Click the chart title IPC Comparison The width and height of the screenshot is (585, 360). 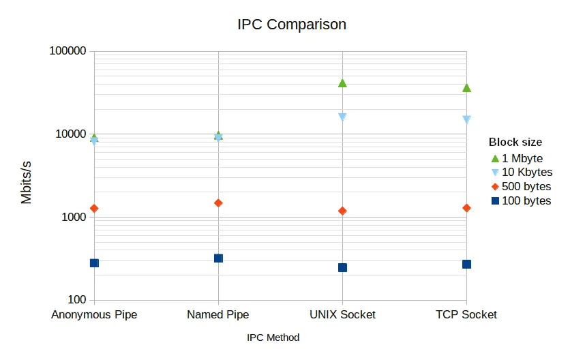[292, 25]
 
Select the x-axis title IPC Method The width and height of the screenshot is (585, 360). [273, 337]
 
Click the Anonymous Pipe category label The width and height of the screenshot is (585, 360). [94, 315]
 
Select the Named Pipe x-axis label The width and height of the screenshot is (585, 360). [218, 315]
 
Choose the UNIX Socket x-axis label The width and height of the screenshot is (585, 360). [342, 315]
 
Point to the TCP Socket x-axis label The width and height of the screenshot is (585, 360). [466, 315]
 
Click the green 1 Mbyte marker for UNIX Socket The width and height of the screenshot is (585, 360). [342, 83]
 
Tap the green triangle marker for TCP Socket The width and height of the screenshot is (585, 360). [466, 88]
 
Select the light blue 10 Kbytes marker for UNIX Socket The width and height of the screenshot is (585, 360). [342, 117]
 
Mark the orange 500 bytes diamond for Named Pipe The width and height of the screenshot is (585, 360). [218, 203]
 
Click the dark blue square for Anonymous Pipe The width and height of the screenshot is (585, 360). [94, 263]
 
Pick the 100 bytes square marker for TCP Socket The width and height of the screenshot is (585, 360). [466, 265]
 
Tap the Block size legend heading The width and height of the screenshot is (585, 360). [515, 142]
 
